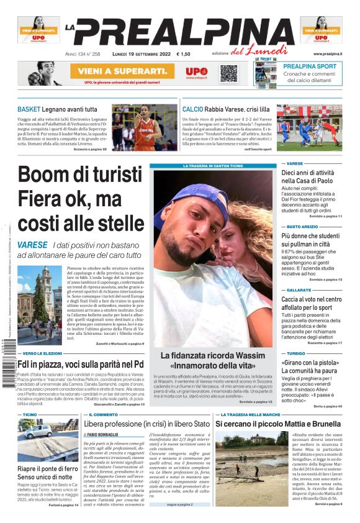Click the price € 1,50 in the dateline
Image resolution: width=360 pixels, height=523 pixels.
183,55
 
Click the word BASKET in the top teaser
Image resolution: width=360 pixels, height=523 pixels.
29,109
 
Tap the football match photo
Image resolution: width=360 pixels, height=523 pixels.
309,127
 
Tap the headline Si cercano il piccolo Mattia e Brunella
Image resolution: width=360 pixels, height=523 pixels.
278,424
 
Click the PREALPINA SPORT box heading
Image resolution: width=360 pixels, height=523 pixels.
310,66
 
